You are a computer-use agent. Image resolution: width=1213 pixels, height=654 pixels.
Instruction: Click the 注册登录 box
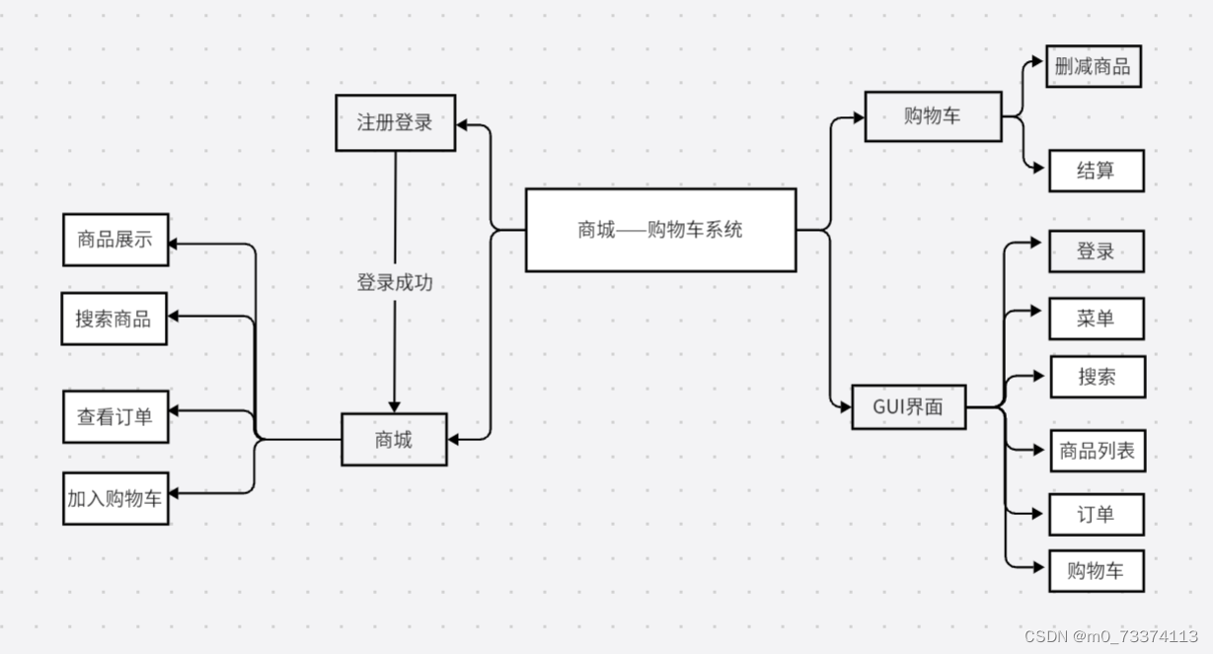click(395, 123)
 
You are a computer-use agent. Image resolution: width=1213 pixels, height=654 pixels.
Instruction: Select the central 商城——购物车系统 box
click(660, 230)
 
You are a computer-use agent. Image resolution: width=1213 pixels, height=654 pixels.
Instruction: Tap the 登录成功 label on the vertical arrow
click(395, 283)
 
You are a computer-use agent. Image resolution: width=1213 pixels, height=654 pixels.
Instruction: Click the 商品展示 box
click(115, 240)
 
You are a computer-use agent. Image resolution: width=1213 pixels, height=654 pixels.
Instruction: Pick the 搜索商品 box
click(114, 319)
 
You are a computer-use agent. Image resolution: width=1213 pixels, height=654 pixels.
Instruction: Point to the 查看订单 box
click(115, 416)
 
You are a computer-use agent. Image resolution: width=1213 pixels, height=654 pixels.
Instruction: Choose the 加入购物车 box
click(115, 498)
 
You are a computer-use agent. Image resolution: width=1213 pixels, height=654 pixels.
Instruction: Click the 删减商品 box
click(1093, 67)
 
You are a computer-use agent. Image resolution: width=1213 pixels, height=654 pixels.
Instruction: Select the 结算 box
click(1096, 170)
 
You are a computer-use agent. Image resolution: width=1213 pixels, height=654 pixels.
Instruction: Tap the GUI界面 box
click(908, 405)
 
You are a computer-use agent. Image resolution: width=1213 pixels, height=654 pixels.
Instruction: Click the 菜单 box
click(1096, 319)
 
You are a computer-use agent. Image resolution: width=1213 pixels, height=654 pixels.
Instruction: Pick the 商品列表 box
click(1097, 451)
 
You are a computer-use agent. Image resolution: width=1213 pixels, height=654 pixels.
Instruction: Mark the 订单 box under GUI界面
click(1096, 514)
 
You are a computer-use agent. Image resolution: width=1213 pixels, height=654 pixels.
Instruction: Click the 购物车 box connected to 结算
click(933, 115)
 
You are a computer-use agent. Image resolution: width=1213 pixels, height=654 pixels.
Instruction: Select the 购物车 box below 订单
click(1096, 571)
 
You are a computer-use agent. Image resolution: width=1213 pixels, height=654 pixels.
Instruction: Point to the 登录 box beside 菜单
click(1096, 252)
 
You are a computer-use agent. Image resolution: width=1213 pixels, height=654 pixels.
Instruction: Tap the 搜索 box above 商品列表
click(1097, 377)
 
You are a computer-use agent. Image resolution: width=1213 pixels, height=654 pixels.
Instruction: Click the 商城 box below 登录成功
click(394, 440)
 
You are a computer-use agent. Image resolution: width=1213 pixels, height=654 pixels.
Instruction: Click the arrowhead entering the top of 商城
click(395, 406)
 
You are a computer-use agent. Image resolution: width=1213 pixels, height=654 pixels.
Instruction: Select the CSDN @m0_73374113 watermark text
click(1110, 636)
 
